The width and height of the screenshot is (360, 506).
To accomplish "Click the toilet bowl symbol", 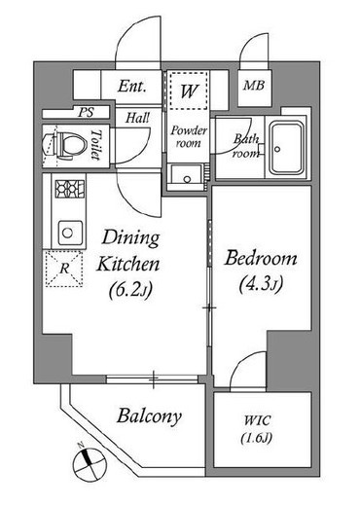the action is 65,145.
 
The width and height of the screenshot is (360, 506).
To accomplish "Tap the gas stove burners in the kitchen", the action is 70,189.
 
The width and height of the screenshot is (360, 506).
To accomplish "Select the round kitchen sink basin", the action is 68,233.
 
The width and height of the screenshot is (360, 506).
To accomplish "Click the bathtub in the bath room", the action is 287,148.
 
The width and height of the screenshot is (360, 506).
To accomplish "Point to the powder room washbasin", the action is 187,177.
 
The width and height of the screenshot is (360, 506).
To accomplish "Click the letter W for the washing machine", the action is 189,91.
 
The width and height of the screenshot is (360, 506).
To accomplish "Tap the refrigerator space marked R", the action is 64,269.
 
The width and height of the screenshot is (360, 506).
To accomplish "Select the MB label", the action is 254,86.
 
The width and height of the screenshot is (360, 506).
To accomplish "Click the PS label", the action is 86,112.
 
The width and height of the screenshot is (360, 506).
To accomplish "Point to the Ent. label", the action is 131,87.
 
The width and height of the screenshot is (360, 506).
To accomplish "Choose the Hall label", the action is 138,118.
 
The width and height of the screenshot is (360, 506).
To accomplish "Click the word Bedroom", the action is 261,259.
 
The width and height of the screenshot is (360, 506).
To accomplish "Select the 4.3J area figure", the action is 262,284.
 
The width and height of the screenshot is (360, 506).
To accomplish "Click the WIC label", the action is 257,420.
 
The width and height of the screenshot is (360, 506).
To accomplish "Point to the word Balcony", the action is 149,416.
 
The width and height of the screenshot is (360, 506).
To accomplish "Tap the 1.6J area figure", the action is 257,439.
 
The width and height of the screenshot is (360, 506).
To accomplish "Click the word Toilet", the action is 96,145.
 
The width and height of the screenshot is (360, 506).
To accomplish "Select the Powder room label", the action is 189,137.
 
